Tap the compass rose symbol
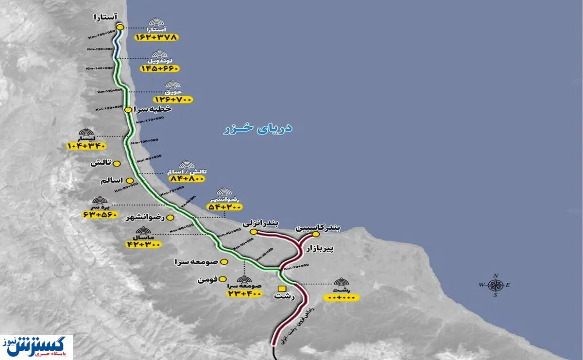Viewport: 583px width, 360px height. [x=495, y=285]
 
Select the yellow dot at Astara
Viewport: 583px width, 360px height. [x=120, y=27]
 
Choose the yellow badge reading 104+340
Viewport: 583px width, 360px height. [x=87, y=145]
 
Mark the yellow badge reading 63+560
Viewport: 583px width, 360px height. [x=101, y=214]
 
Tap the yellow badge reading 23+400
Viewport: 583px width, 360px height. [x=244, y=293]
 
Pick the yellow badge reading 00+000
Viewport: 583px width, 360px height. [x=343, y=296]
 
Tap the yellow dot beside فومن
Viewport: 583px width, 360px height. [x=223, y=279]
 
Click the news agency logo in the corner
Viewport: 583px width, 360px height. [x=36, y=347]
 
